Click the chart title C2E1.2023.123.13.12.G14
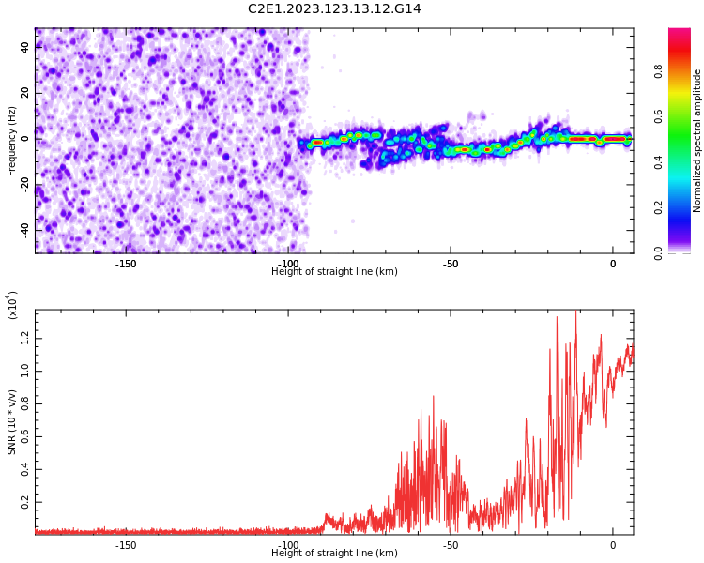(x=334, y=8)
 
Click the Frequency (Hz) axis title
(x=11, y=141)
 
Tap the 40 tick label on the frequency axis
(x=25, y=47)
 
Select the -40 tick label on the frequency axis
(x=25, y=229)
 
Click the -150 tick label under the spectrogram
(x=126, y=264)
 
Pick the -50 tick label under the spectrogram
(x=451, y=264)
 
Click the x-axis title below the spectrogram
(x=334, y=271)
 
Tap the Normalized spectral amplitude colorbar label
(x=696, y=141)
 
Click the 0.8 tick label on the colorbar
(x=658, y=71)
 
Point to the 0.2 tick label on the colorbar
(x=658, y=207)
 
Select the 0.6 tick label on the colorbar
(x=658, y=116)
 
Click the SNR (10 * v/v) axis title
(x=11, y=422)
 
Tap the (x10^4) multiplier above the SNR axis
(x=12, y=305)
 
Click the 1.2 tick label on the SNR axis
(x=25, y=339)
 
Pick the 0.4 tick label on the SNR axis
(x=25, y=469)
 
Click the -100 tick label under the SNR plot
(x=288, y=545)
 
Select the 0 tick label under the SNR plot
(x=613, y=545)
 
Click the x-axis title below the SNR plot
(x=334, y=553)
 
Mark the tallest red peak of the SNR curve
(x=576, y=311)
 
